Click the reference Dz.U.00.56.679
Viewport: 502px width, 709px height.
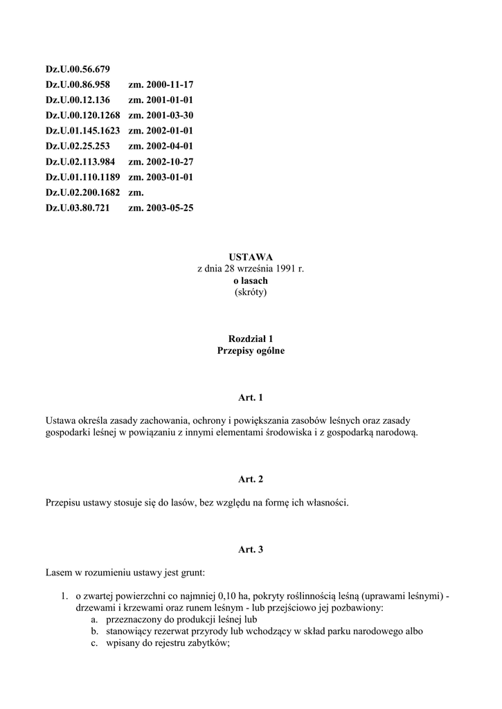click(x=78, y=70)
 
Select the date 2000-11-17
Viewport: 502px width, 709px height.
click(x=169, y=85)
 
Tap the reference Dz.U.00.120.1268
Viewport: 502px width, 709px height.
click(x=83, y=115)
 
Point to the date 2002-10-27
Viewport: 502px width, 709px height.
click(x=169, y=161)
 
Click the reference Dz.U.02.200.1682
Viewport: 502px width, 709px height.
click(x=83, y=192)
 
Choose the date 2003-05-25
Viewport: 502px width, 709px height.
click(x=169, y=207)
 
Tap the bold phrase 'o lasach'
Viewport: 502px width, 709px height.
click(x=251, y=280)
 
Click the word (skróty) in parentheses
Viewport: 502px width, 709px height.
click(x=251, y=292)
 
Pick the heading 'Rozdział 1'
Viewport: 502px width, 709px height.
click(x=251, y=339)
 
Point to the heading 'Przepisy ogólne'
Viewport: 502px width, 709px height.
click(x=251, y=351)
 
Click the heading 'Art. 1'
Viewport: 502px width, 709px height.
click(x=251, y=397)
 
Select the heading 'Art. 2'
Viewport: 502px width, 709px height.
click(x=251, y=479)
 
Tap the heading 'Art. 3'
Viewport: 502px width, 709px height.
click(x=251, y=550)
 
